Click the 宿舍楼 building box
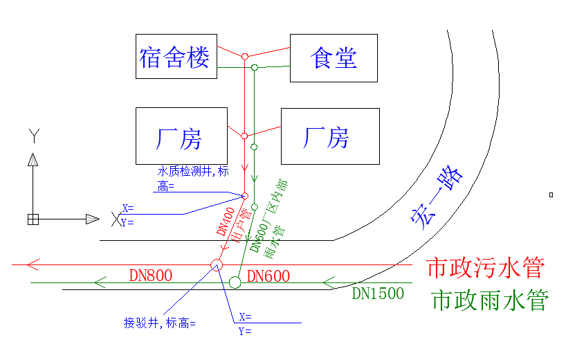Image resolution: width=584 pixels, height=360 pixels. [176, 56]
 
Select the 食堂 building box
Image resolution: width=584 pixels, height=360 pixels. [334, 58]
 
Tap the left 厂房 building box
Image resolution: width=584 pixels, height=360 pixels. [181, 136]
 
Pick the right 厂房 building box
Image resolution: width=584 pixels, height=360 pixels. [329, 136]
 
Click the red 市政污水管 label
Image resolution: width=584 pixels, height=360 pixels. [485, 267]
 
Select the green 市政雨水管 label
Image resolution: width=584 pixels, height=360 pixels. [489, 300]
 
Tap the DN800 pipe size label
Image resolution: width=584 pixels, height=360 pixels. [150, 276]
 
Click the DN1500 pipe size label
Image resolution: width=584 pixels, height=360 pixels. [378, 294]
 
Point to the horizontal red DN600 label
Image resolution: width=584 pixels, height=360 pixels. [268, 276]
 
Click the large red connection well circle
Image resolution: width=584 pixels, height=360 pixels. [216, 264]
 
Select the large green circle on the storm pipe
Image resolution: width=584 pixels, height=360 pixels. [235, 282]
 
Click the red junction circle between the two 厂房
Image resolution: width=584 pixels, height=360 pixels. [244, 136]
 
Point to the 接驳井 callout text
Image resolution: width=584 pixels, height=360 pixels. [159, 323]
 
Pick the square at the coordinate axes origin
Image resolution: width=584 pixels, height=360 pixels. [33, 219]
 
